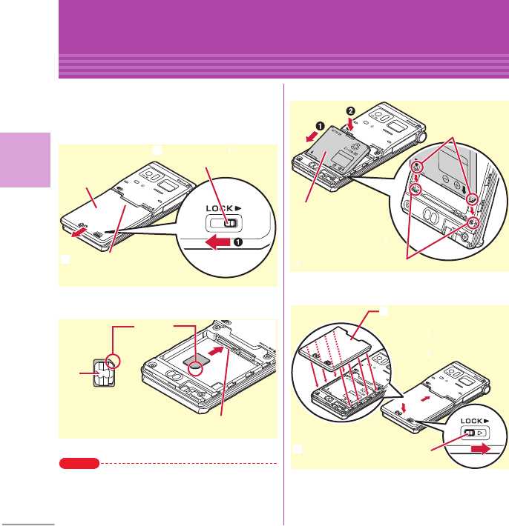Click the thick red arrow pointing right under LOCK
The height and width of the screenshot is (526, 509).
[483, 447]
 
